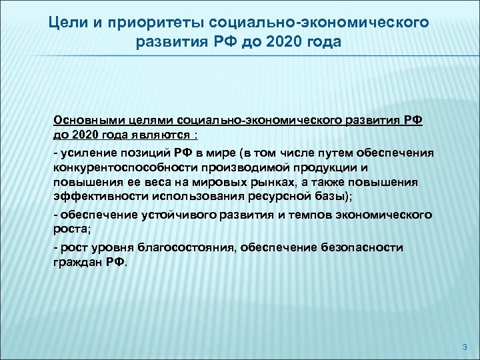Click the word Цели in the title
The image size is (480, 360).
[67, 23]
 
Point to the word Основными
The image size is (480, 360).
[88, 121]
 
